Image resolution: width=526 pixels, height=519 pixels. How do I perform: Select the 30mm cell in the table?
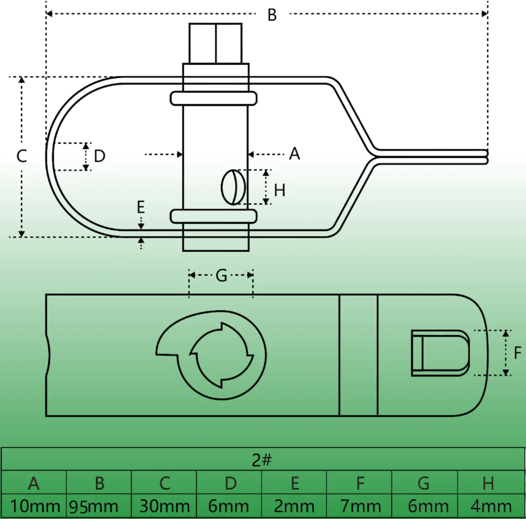[165, 506]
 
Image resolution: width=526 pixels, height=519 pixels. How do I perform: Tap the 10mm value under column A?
[35, 506]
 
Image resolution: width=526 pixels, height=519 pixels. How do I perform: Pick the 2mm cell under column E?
[294, 506]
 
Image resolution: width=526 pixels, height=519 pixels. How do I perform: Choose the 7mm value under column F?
[360, 506]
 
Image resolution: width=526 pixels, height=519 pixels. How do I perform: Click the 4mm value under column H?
[491, 506]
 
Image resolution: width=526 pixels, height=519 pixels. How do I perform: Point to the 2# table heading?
[262, 460]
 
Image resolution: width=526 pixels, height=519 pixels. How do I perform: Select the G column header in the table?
[424, 483]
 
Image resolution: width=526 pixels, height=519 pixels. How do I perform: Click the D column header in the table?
[230, 483]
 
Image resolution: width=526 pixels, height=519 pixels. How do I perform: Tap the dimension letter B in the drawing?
[272, 15]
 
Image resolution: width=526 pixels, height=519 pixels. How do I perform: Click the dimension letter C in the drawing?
[22, 156]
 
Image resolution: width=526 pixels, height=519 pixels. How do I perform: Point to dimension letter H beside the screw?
[280, 190]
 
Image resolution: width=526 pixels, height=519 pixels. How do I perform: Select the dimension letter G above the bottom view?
[221, 276]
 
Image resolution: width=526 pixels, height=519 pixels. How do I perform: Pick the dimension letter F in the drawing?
[517, 353]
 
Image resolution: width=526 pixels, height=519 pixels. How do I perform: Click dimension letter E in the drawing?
[141, 207]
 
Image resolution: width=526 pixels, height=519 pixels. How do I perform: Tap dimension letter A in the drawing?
[295, 154]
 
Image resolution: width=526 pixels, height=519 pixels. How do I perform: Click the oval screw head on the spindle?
[233, 187]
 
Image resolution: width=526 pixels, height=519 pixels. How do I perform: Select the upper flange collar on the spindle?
[213, 99]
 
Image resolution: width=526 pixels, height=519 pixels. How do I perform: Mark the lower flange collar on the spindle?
[213, 216]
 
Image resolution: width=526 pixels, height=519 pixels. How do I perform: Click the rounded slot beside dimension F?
[440, 353]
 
